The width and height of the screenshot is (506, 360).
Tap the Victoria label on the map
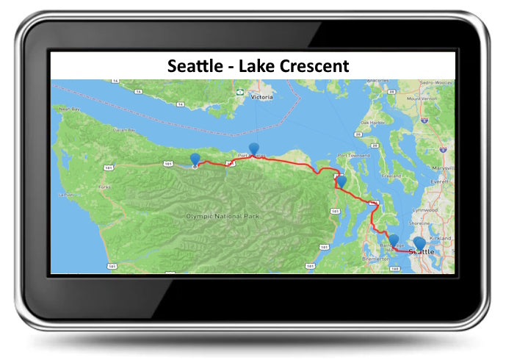(261, 96)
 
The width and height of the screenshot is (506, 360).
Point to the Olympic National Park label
(223, 216)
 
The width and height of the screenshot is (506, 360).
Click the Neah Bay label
(68, 109)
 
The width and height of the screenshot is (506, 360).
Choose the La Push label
(68, 195)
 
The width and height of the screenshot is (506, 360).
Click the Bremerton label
(376, 260)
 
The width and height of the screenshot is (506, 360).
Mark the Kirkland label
(441, 240)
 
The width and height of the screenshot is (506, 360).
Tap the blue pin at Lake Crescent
(195, 159)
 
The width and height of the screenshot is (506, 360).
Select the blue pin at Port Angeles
(254, 148)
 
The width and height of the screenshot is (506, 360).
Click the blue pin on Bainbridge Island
(394, 240)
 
